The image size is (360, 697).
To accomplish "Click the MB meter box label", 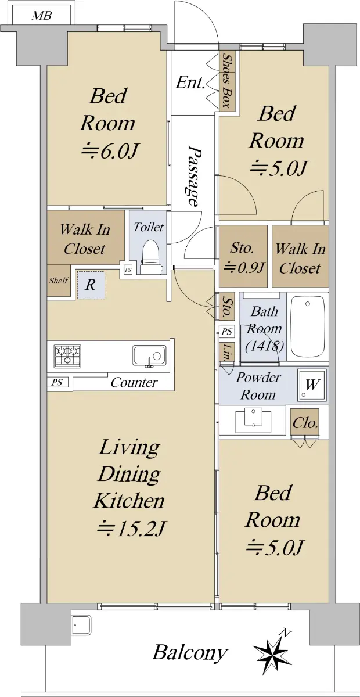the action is click(41, 15).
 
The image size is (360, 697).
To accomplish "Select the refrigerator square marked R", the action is click(91, 285).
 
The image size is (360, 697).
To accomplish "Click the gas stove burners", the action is click(67, 355).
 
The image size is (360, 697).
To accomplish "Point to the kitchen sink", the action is click(149, 355).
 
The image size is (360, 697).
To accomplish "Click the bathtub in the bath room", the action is click(307, 326).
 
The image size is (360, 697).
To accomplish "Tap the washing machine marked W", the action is click(312, 385).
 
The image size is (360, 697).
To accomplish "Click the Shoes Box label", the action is click(228, 81).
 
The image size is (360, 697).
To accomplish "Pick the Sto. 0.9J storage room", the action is click(243, 256).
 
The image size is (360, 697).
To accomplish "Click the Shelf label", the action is click(59, 281).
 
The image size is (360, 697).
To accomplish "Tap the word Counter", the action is click(134, 382).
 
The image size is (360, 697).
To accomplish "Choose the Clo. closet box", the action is click(305, 423).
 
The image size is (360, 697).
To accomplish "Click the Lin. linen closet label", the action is click(227, 352).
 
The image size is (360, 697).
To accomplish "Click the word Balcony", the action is click(189, 653).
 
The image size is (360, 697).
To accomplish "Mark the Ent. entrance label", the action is click(190, 83).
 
